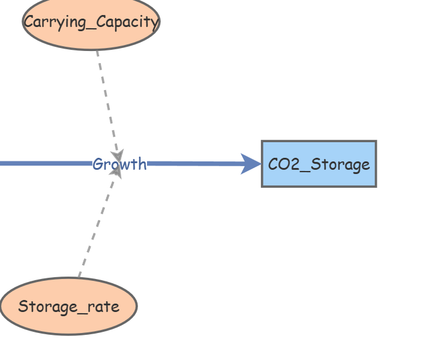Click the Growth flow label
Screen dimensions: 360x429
point(119,164)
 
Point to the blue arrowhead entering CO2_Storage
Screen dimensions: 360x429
point(251,164)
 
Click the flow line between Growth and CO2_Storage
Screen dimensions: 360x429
point(192,163)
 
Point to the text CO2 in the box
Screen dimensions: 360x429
point(280,164)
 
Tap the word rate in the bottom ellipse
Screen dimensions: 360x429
point(104,307)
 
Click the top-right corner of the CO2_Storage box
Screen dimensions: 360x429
point(376,142)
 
